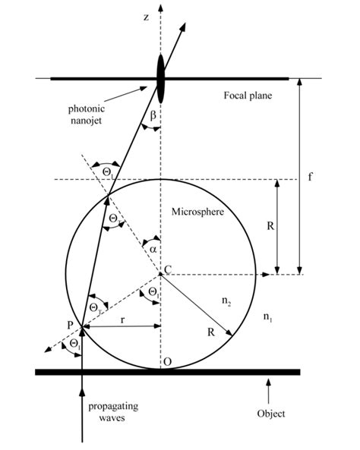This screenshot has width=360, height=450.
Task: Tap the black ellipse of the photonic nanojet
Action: tap(160, 76)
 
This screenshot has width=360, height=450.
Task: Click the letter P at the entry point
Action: tap(69, 326)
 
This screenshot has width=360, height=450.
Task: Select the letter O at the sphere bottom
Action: tap(167, 362)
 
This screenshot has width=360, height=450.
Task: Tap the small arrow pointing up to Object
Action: tap(267, 391)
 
